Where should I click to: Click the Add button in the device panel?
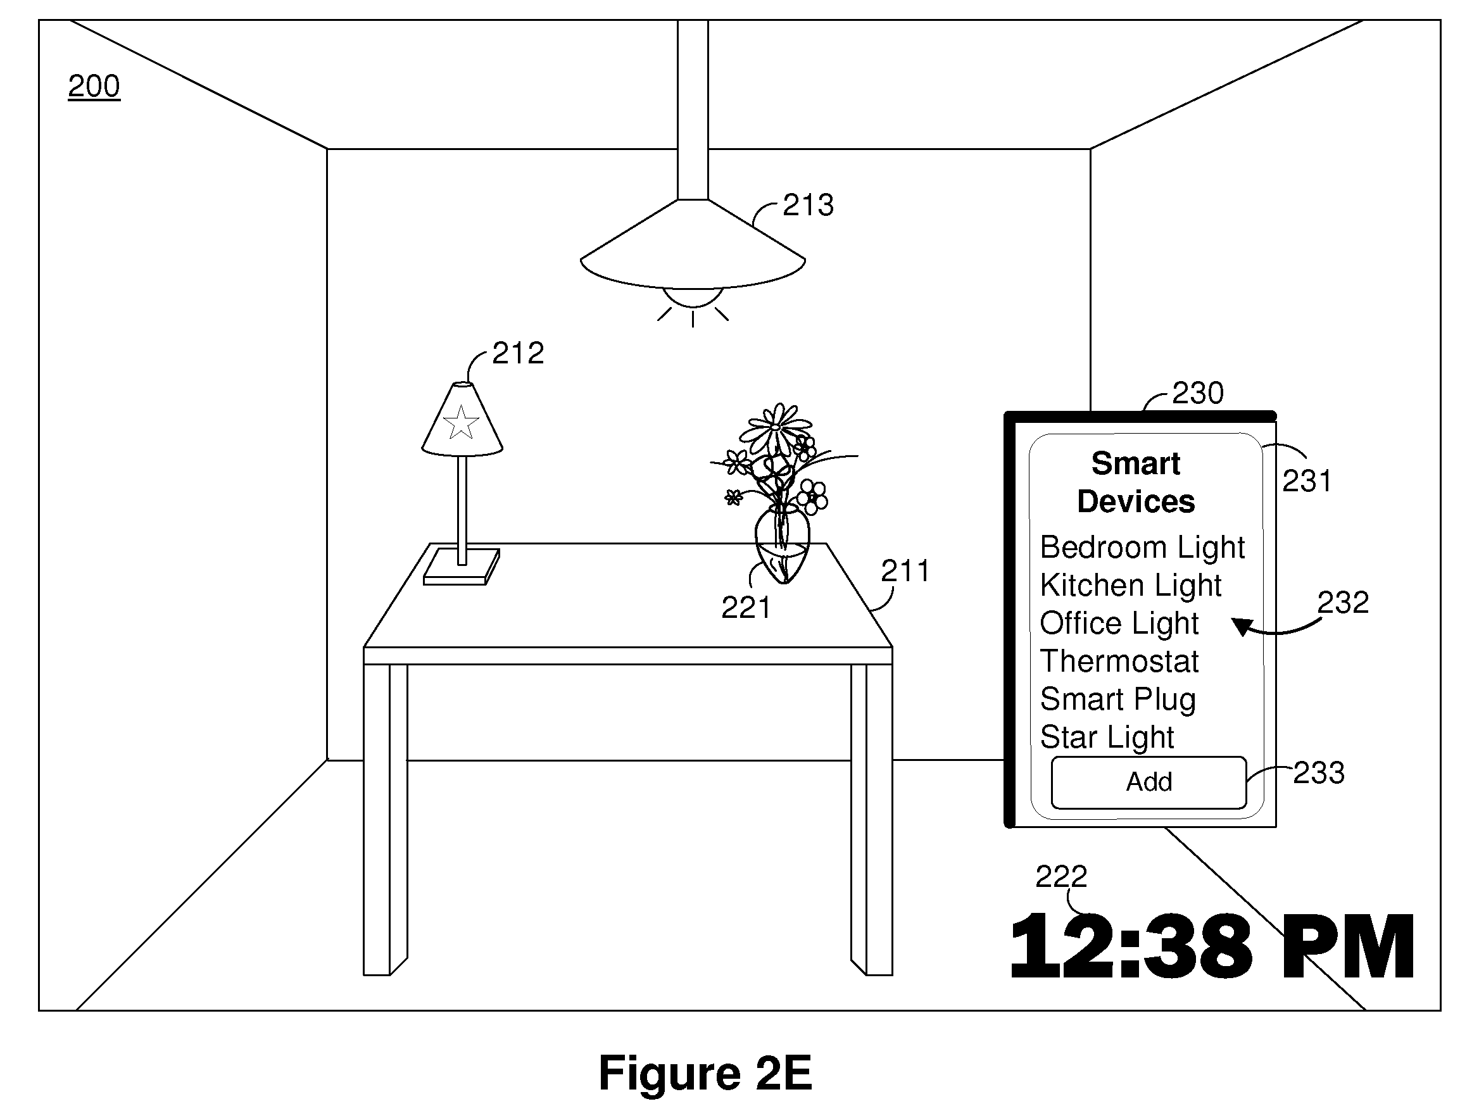(x=1149, y=782)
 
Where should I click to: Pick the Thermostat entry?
(x=1119, y=662)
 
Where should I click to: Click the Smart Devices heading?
(x=1136, y=482)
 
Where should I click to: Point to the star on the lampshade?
(x=461, y=423)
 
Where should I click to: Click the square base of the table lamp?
(x=462, y=567)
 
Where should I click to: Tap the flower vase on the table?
(x=783, y=545)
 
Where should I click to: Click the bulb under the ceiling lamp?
(x=693, y=297)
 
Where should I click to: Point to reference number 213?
(x=809, y=204)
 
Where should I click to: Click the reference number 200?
(x=94, y=86)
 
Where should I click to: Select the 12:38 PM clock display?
(x=1212, y=947)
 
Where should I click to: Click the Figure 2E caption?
(x=705, y=1073)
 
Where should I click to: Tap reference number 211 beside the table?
(x=906, y=571)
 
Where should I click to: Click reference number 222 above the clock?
(x=1061, y=877)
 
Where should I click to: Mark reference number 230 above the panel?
(x=1198, y=393)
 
